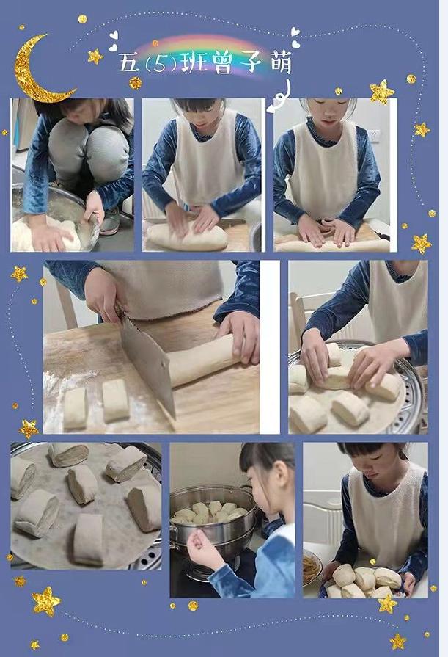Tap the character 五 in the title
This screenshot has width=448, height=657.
[x=128, y=62]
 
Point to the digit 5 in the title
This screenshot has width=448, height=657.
[x=159, y=64]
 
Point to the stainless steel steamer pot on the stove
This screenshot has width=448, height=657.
[x=213, y=523]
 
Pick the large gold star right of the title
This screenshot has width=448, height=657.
[x=381, y=92]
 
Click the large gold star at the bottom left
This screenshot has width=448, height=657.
[x=46, y=601]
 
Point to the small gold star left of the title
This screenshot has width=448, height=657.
[x=95, y=56]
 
